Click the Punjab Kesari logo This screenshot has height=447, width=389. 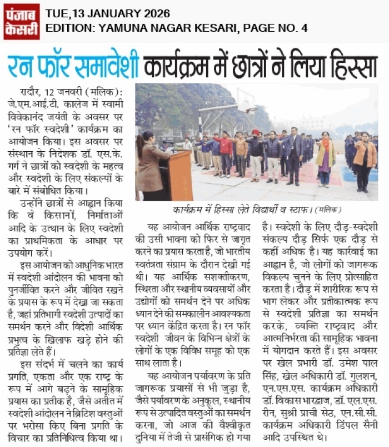(x=22, y=21)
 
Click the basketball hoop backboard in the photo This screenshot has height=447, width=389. (x=245, y=101)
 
